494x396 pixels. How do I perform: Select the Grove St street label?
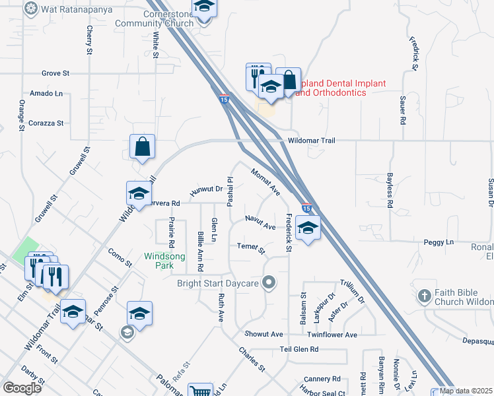coord(55,73)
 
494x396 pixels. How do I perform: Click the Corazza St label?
coord(46,123)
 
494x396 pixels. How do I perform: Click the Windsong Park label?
coord(160,260)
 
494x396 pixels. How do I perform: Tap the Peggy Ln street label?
coord(442,243)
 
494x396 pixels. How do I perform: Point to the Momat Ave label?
coord(265,181)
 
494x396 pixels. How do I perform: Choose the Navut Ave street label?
coord(260,222)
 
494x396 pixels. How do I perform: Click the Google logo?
coord(22,387)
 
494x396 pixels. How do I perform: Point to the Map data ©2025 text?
coord(466,391)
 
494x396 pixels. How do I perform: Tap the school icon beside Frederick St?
coord(308,228)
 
